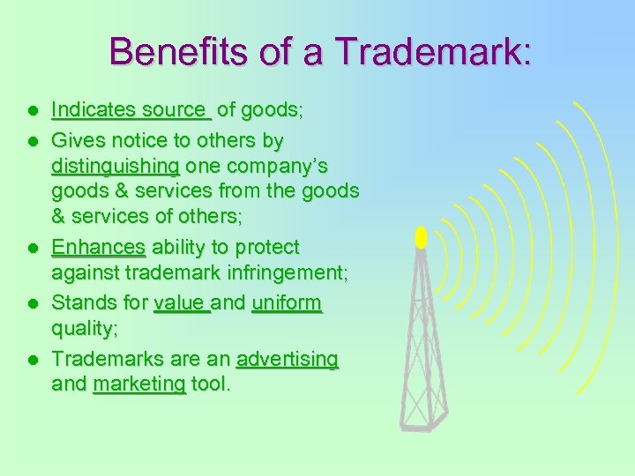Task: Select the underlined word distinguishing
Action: click(116, 166)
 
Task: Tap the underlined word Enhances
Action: click(98, 247)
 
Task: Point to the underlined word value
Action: click(181, 303)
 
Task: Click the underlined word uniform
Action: click(287, 303)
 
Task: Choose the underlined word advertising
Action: click(287, 359)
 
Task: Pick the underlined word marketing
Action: click(138, 384)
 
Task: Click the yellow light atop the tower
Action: click(421, 236)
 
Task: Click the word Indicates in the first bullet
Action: click(86, 110)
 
